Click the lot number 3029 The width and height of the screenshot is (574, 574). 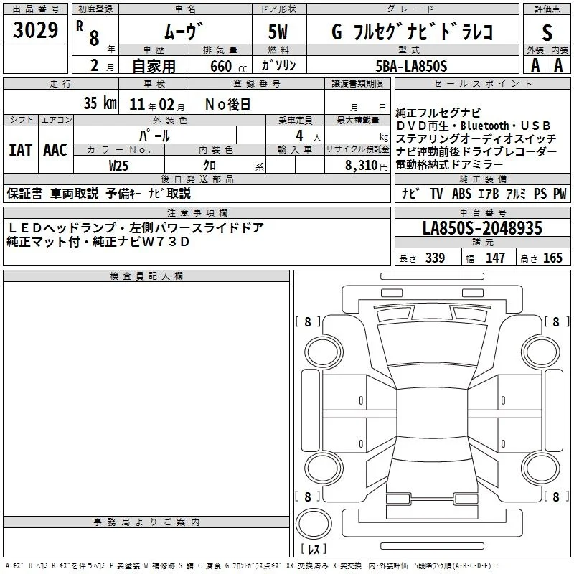tap(35, 30)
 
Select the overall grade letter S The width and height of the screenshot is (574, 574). tap(547, 32)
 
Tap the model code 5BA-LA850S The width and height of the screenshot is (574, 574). tap(411, 66)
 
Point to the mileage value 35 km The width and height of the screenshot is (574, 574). tap(100, 103)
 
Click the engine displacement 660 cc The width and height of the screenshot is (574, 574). tap(228, 67)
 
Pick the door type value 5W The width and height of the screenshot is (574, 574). tap(278, 32)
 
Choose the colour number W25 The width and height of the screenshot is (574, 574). tap(118, 166)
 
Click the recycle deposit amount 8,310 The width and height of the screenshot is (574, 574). tap(362, 166)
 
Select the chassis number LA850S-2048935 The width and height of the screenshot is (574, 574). tap(482, 228)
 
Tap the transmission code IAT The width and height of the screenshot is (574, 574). tap(21, 150)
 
